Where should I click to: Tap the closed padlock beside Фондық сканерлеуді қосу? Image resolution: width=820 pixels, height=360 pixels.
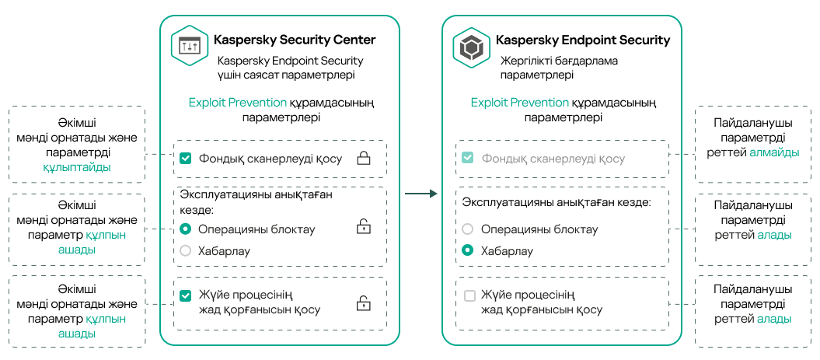pyautogui.click(x=363, y=159)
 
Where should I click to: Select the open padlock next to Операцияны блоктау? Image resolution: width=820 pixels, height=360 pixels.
pyautogui.click(x=363, y=227)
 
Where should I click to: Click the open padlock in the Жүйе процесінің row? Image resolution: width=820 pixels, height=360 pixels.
pyautogui.click(x=363, y=302)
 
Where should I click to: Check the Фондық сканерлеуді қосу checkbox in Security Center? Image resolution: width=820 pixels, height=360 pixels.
pyautogui.click(x=185, y=159)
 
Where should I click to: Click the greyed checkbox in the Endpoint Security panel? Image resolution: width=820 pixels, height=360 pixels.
pyautogui.click(x=468, y=159)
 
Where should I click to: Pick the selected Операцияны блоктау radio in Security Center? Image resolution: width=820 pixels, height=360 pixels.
pyautogui.click(x=185, y=229)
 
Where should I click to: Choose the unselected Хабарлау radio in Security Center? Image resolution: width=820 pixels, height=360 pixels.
pyautogui.click(x=185, y=251)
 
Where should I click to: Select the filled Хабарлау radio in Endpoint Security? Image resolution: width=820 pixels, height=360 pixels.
pyautogui.click(x=468, y=251)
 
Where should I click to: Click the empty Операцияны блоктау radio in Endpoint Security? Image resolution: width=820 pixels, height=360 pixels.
pyautogui.click(x=468, y=229)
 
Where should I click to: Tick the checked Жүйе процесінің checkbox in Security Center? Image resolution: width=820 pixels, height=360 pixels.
pyautogui.click(x=185, y=295)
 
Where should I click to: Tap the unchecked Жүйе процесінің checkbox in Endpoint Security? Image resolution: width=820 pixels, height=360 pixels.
pyautogui.click(x=469, y=295)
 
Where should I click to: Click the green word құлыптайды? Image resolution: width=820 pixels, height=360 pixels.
pyautogui.click(x=77, y=167)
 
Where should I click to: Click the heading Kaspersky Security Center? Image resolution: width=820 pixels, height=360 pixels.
pyautogui.click(x=294, y=40)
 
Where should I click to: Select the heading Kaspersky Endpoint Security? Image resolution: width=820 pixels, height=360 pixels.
pyautogui.click(x=582, y=40)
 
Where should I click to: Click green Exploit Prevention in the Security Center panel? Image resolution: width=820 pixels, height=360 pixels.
pyautogui.click(x=237, y=103)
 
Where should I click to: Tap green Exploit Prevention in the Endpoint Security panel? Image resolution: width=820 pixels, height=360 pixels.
pyautogui.click(x=519, y=103)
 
